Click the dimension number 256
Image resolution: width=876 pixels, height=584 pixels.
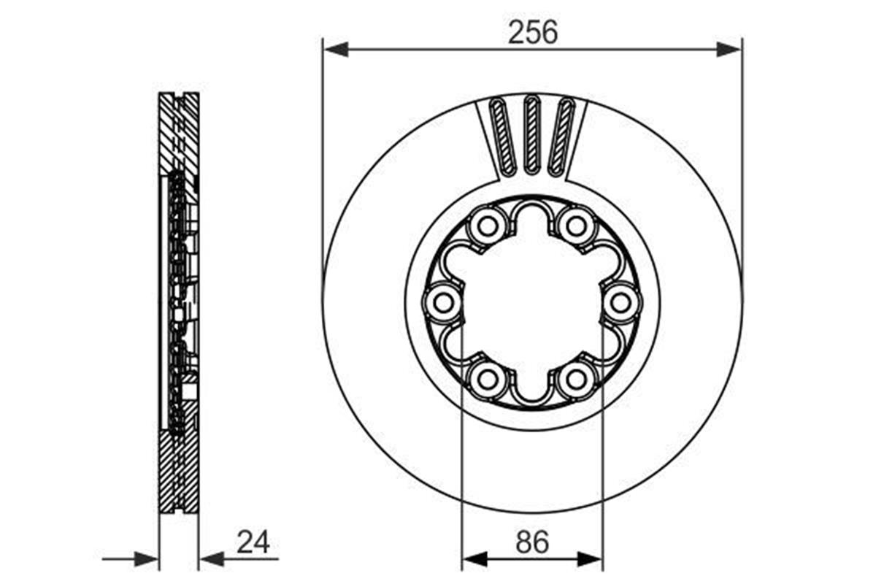pos(532,32)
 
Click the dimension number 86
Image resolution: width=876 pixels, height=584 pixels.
pos(532,542)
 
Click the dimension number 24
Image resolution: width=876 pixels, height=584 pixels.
pos(253,542)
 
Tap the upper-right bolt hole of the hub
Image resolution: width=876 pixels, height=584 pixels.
pos(576,226)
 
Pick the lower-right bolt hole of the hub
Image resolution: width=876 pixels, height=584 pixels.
pos(576,379)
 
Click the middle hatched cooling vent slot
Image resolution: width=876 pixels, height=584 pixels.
pos(532,135)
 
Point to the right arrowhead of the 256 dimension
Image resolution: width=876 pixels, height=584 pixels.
pos(729,50)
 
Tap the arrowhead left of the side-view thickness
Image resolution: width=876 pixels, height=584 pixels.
pos(147,560)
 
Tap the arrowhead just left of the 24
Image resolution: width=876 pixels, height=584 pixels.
pos(212,560)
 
